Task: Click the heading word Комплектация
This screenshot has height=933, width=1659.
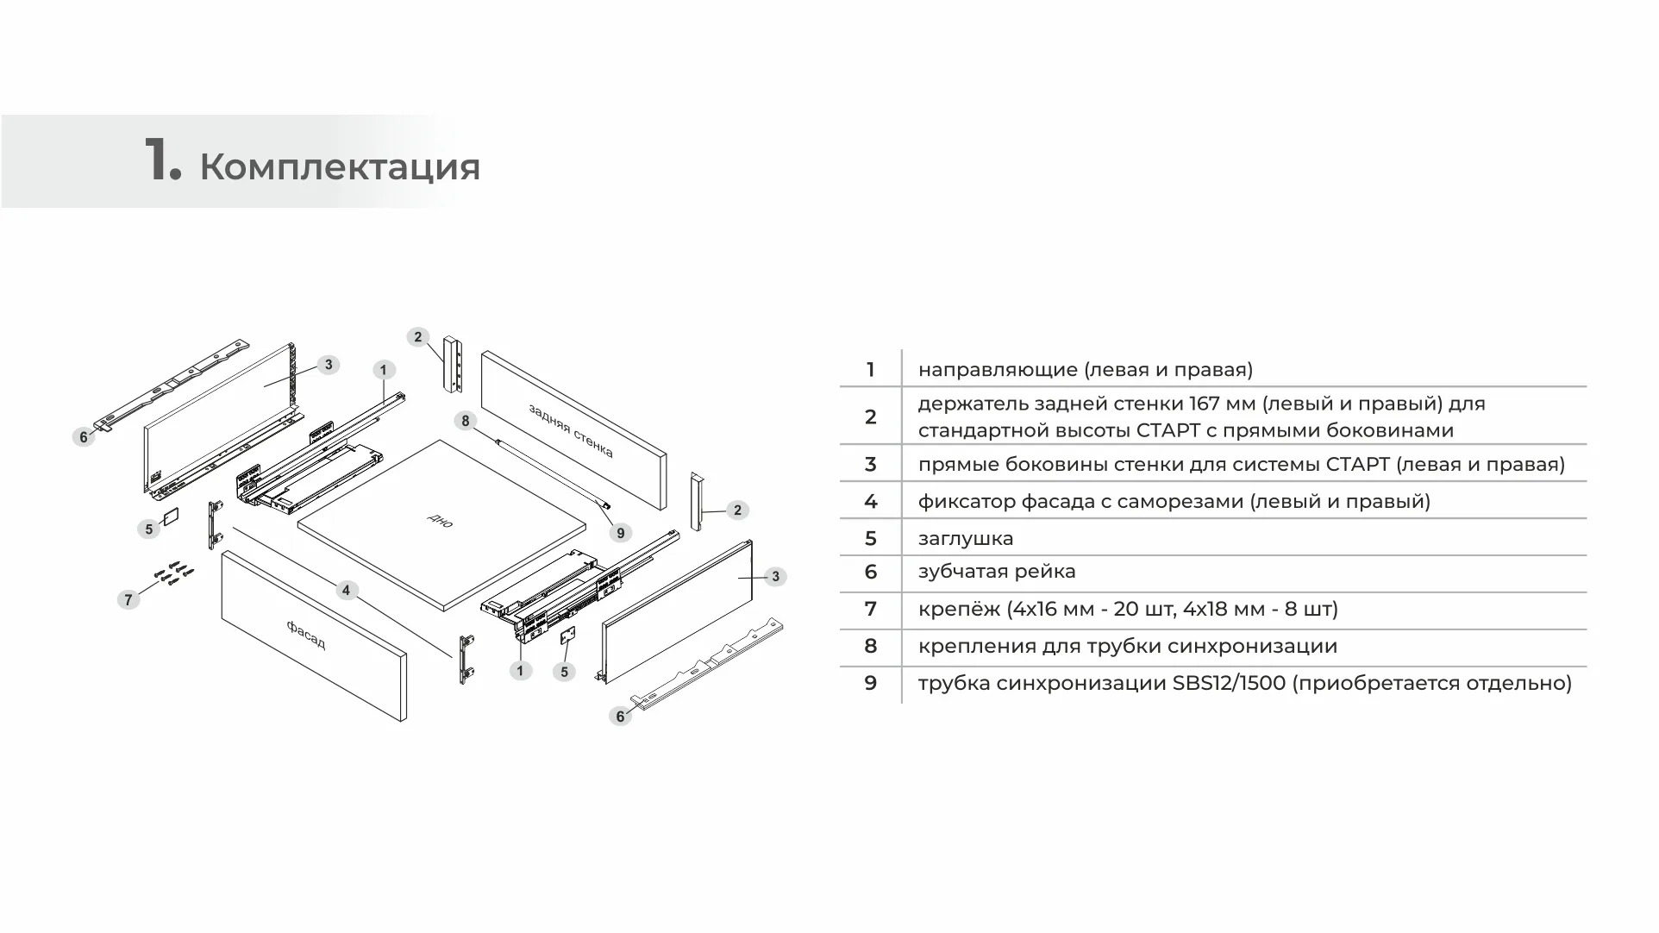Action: tap(340, 166)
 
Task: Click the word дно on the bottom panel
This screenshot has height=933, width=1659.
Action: tap(440, 520)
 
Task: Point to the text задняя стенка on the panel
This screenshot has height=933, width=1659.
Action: tap(571, 430)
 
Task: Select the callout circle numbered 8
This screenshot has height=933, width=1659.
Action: tap(466, 421)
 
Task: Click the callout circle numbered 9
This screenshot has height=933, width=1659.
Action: tap(620, 533)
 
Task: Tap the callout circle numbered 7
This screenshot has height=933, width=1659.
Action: tap(128, 599)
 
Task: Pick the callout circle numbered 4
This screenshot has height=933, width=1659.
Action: tap(346, 590)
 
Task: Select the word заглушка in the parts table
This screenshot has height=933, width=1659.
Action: tap(966, 539)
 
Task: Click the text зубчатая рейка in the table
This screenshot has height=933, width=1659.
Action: tap(997, 572)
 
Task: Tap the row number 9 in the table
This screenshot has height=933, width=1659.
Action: tap(870, 684)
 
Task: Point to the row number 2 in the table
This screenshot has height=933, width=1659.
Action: tap(870, 417)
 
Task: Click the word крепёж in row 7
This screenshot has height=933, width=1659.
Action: tap(959, 610)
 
